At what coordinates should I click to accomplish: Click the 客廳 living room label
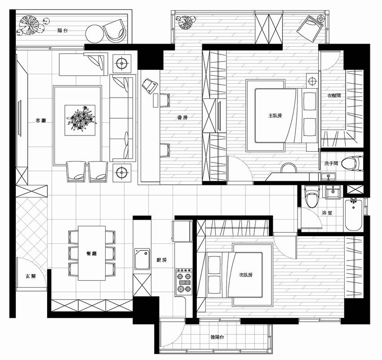[x=41, y=121]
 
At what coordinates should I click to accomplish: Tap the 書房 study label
[x=182, y=117]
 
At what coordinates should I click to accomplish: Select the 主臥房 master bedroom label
[x=275, y=115]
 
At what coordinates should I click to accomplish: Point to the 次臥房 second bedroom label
[x=245, y=275]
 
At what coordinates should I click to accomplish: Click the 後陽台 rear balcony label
[x=218, y=337]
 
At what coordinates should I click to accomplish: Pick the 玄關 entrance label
[x=31, y=276]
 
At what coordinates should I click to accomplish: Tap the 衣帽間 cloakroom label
[x=334, y=95]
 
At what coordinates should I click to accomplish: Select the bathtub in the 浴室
[x=353, y=215]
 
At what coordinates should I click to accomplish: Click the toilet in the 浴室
[x=312, y=197]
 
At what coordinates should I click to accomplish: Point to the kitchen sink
[x=142, y=259]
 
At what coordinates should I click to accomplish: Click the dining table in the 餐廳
[x=92, y=253]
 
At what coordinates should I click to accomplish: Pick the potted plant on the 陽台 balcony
[x=29, y=25]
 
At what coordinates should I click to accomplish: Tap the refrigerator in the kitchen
[x=182, y=231]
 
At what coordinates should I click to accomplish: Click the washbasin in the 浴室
[x=333, y=193]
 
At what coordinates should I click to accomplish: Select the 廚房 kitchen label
[x=161, y=260]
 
